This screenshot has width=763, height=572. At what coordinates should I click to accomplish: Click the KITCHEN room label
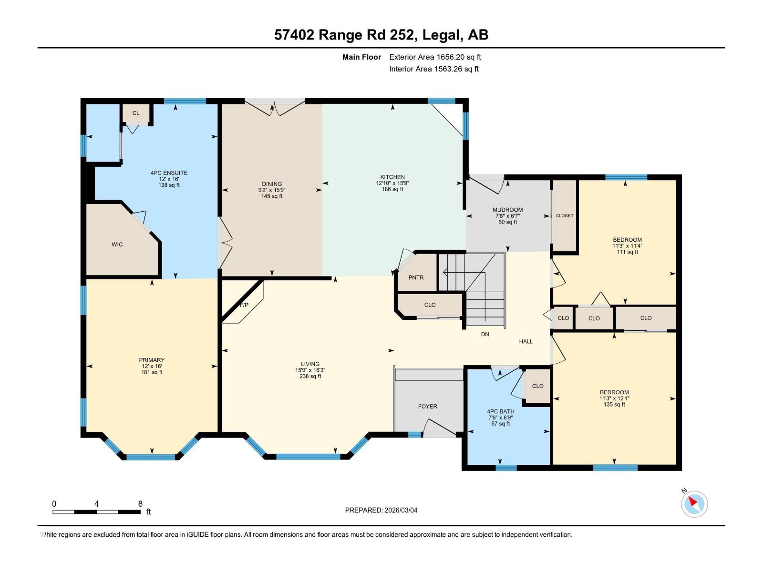point(392,177)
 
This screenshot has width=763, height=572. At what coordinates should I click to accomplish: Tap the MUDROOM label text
point(507,210)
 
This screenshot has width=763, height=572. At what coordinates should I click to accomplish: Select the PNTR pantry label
point(416,277)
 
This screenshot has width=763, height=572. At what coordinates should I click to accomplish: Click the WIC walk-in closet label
point(117,245)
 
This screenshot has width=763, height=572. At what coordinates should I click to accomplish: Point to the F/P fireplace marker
point(244,305)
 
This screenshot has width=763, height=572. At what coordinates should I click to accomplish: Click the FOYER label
point(427,407)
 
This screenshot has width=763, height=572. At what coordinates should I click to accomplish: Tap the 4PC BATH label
point(500,411)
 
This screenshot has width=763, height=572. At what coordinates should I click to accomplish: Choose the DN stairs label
point(485,335)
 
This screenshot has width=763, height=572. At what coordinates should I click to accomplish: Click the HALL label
point(526,341)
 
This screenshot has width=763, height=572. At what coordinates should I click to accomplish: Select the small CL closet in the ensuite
point(136,113)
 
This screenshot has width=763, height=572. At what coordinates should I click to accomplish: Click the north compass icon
point(694,504)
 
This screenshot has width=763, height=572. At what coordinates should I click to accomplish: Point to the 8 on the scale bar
point(140,504)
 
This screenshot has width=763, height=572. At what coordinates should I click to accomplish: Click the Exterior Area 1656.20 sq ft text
point(435,57)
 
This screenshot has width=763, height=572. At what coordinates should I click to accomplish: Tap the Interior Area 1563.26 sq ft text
point(434,69)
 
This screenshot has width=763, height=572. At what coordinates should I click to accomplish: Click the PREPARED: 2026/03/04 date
point(381,510)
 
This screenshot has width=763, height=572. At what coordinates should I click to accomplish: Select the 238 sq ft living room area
point(310,377)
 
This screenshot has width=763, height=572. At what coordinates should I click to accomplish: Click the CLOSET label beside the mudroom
point(565,216)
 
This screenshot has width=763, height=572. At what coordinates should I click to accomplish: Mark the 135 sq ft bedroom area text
point(614,405)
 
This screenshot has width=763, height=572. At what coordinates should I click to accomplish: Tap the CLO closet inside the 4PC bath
point(537,386)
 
